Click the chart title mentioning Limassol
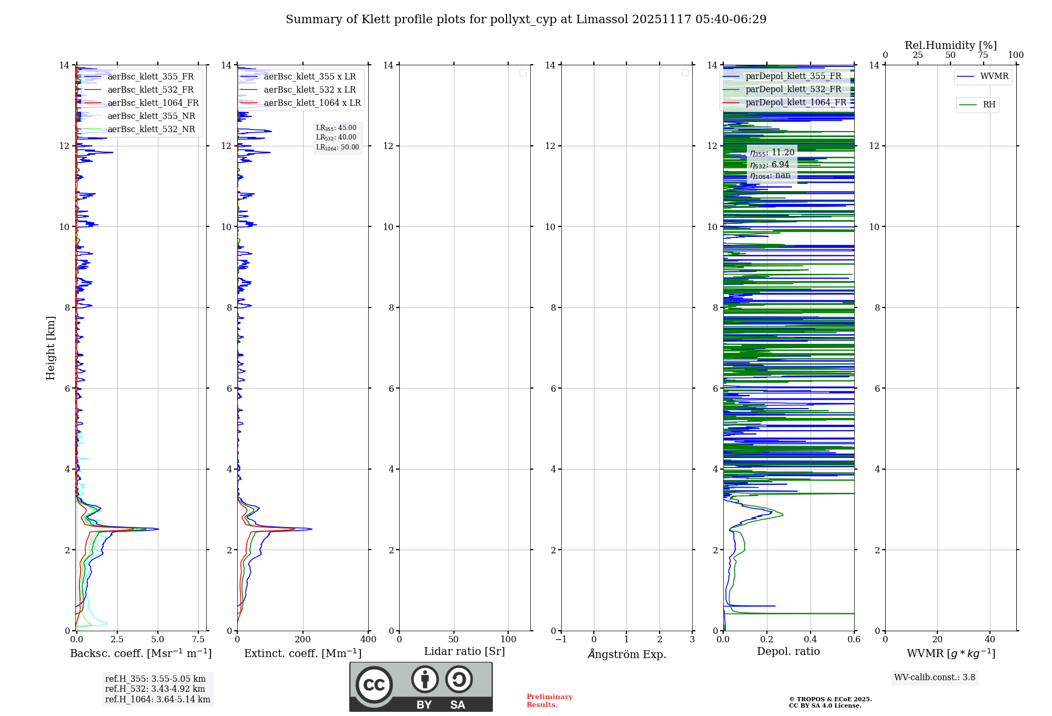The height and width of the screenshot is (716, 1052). click(526, 19)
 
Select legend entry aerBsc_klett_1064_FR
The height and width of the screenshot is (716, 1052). click(153, 103)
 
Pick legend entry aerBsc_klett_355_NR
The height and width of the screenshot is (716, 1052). click(151, 116)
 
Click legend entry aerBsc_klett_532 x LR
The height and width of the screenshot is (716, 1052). click(309, 90)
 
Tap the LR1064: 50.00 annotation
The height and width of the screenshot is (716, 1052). click(338, 147)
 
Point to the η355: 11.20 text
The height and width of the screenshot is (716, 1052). click(772, 153)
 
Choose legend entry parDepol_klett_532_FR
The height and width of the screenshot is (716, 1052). click(793, 89)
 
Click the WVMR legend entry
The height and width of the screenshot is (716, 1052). click(994, 76)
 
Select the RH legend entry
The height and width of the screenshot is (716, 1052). click(989, 105)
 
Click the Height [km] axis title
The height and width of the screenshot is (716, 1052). click(50, 347)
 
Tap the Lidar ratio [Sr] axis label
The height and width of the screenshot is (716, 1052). click(464, 652)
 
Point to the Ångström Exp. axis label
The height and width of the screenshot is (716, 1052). click(627, 654)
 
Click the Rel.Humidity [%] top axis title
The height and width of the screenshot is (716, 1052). click(950, 45)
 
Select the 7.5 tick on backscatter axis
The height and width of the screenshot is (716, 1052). click(198, 640)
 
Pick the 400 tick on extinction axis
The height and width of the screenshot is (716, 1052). click(368, 640)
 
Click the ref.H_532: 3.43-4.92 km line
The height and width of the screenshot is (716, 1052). click(155, 689)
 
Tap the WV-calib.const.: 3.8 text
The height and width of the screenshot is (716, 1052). click(935, 678)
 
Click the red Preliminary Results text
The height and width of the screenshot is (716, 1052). click(549, 701)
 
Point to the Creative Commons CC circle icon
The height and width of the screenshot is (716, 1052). click(374, 685)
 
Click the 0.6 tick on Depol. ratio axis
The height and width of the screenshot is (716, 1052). click(854, 640)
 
